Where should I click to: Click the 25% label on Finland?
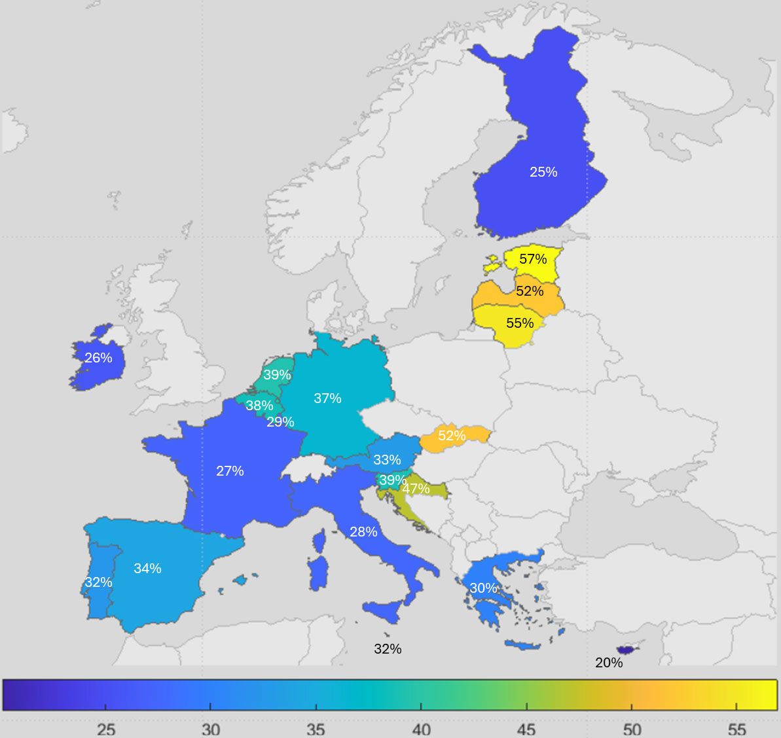tap(543, 172)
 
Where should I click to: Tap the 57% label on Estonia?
tap(533, 259)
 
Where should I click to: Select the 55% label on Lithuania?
tap(520, 323)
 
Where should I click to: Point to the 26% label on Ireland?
tap(98, 358)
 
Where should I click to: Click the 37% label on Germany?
tap(327, 398)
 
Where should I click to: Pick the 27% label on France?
tap(230, 471)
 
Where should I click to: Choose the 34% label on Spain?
tap(147, 569)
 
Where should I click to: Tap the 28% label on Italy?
tap(363, 532)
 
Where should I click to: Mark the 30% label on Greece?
tap(483, 588)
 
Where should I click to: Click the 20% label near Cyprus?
tap(609, 663)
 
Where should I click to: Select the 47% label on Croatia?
tap(416, 489)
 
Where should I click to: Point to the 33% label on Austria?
tap(387, 460)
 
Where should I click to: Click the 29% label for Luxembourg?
tap(280, 422)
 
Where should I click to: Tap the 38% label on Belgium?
tap(259, 406)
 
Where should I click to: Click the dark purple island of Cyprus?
tap(628, 650)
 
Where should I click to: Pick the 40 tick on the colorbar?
tap(421, 729)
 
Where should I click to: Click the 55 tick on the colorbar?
tap(736, 729)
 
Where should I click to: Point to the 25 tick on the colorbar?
tap(106, 729)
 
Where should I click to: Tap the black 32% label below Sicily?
tap(388, 649)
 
